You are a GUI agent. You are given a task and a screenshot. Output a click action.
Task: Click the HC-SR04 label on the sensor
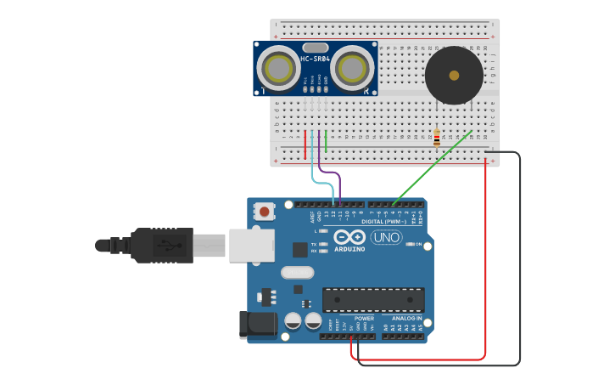pos(315,59)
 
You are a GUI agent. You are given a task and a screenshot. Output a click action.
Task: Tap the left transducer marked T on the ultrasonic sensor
pos(278,68)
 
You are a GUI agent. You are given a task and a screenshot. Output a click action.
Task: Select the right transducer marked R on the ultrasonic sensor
pos(352,68)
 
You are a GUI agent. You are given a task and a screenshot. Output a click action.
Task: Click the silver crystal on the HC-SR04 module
pos(315,48)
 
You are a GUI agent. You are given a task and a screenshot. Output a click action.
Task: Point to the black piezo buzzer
pos(454,76)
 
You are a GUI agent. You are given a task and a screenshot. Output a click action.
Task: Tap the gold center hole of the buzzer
pos(454,76)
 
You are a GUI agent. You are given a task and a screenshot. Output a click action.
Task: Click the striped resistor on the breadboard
pos(437,137)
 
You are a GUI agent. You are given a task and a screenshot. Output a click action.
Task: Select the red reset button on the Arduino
pos(265,211)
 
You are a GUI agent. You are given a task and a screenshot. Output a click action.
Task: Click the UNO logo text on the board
pos(386,237)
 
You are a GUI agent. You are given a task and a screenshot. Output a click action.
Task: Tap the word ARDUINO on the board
pos(349,249)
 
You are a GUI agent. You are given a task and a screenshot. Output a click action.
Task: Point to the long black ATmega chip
pos(372,299)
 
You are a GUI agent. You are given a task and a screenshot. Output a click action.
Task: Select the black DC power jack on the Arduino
pos(258,325)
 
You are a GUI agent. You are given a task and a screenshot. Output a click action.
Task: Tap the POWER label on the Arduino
pos(364,318)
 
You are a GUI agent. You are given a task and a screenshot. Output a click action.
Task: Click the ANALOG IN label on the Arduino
pos(406,318)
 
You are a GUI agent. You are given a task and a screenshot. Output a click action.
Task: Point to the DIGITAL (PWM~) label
pos(383,222)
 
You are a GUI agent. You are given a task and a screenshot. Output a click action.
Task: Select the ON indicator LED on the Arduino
pos(411,245)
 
